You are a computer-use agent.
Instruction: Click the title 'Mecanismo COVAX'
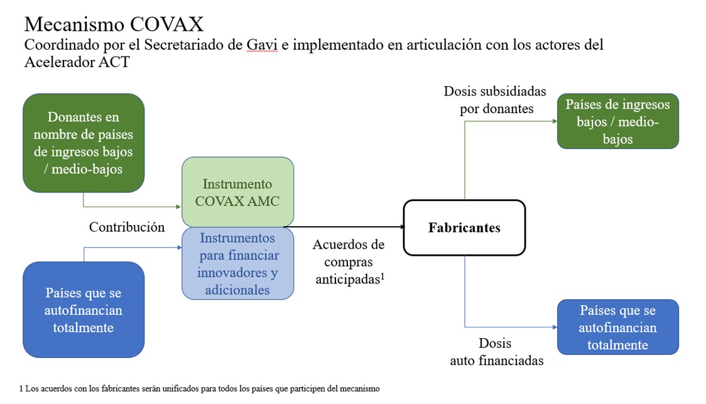(x=114, y=25)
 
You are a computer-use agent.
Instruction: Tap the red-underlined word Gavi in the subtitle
(x=261, y=45)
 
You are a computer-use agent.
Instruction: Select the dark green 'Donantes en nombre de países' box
(x=84, y=143)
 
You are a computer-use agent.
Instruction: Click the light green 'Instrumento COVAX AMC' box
(x=237, y=192)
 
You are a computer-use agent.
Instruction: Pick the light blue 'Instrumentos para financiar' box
(x=237, y=263)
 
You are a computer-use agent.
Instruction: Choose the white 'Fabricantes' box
(x=464, y=227)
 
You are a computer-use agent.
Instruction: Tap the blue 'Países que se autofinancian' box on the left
(x=84, y=310)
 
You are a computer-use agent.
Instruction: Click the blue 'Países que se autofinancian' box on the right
(x=618, y=327)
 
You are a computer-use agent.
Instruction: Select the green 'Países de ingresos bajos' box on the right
(x=618, y=121)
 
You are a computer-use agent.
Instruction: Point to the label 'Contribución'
(x=127, y=227)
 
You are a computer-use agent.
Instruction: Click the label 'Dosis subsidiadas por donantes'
(x=496, y=100)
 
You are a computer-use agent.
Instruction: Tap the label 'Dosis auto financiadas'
(x=497, y=352)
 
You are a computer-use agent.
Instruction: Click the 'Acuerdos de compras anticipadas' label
(x=349, y=261)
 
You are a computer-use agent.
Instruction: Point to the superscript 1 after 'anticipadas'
(x=383, y=276)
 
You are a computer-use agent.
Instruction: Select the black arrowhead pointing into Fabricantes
(x=402, y=227)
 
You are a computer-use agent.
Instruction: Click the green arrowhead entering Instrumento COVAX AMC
(x=179, y=207)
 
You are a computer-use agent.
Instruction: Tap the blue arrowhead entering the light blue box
(x=179, y=248)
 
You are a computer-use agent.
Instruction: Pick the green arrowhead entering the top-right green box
(x=555, y=121)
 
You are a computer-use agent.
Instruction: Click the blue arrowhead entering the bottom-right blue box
(x=555, y=327)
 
